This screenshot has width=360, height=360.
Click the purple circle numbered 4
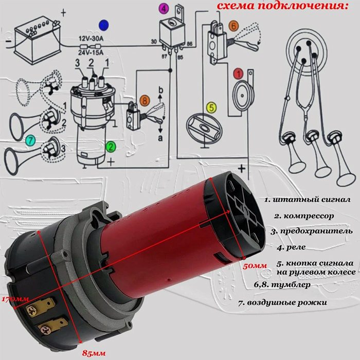(x=164, y=9)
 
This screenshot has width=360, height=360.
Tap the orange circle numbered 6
(x=233, y=26)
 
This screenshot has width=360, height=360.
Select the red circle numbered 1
(x=238, y=74)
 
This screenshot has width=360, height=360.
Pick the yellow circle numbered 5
(x=211, y=107)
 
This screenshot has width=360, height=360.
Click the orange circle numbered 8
(x=145, y=101)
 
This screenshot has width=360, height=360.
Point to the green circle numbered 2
(x=111, y=147)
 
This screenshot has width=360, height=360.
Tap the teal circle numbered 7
(x=31, y=140)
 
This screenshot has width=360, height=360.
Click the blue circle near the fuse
(x=104, y=25)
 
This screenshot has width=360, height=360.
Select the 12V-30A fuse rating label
(x=91, y=39)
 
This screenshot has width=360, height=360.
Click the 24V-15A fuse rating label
(x=91, y=52)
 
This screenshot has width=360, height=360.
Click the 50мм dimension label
(x=255, y=266)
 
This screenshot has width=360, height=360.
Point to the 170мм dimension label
(x=15, y=299)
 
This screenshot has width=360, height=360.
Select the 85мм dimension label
(x=94, y=353)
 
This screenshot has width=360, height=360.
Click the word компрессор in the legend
(x=309, y=217)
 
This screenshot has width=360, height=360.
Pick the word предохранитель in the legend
(x=316, y=231)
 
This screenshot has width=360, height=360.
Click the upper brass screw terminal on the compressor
(x=32, y=311)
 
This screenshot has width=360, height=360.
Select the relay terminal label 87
(x=164, y=56)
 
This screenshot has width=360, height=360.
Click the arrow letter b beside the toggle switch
(x=161, y=90)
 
